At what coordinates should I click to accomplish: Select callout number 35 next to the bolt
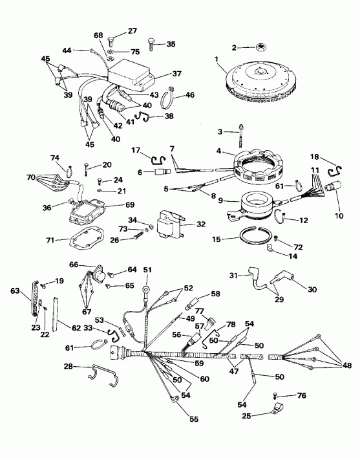(x=171, y=44)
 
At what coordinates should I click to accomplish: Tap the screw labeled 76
(x=277, y=395)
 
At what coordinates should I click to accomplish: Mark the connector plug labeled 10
(x=336, y=189)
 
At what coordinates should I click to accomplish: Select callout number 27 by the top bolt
(x=132, y=31)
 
